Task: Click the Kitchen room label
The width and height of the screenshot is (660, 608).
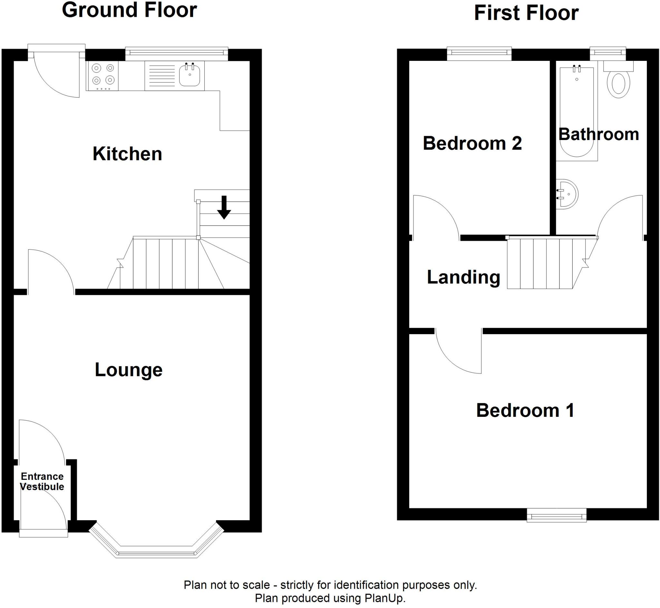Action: point(127,154)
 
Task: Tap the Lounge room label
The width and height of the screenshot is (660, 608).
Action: point(129,369)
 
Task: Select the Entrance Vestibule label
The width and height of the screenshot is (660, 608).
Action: point(42,481)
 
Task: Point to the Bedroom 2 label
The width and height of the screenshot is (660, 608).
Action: point(472,143)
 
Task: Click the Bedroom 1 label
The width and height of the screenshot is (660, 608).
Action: point(525,410)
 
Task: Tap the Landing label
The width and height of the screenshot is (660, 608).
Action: point(463,277)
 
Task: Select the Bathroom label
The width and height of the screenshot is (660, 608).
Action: point(598,134)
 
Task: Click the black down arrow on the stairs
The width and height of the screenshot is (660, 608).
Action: point(224,207)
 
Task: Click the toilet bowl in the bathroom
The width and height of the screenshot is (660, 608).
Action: point(618,84)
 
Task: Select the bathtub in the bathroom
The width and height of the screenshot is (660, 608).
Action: point(577,114)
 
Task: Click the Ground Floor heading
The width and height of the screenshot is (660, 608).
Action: point(129,10)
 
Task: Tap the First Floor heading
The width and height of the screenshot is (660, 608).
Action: point(526,13)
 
